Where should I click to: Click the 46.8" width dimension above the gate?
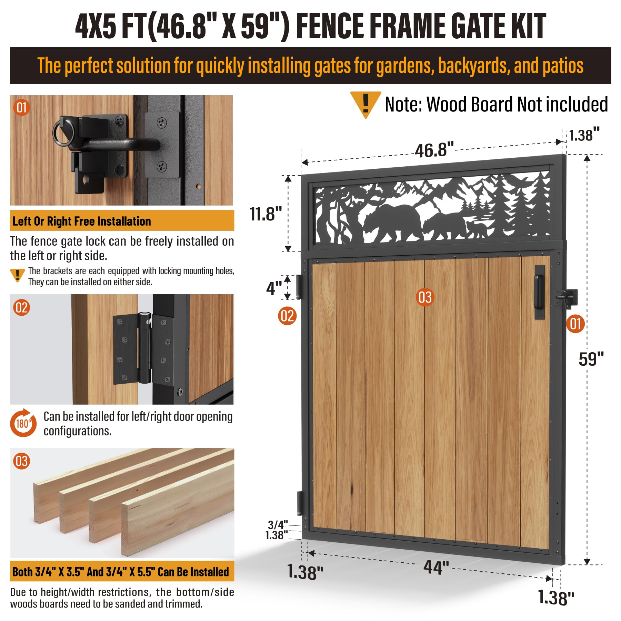434,150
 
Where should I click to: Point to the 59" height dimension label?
591,359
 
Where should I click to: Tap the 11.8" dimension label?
266,214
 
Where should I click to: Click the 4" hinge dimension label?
274,288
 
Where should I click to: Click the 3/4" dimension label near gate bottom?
278,525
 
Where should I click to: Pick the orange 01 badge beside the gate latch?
575,324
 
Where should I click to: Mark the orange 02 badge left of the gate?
287,316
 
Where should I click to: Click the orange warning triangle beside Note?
365,105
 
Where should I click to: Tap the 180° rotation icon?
23,423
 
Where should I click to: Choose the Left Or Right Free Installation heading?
82,221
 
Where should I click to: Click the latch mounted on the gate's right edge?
567,298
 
